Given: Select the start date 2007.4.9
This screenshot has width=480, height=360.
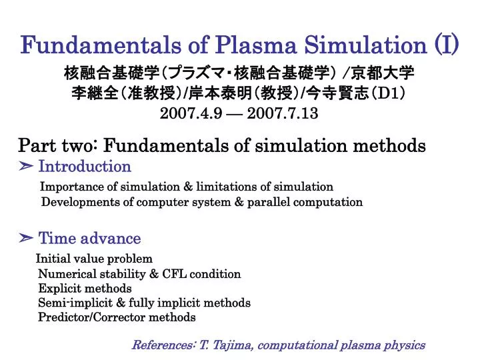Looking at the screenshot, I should point(189,114).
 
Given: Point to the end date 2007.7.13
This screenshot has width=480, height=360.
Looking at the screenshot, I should point(283,114).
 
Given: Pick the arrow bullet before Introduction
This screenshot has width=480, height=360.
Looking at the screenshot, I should point(27,166).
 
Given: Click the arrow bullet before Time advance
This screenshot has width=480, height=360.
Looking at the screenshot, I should point(27,238).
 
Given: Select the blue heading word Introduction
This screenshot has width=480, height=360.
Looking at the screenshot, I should point(85,166).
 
